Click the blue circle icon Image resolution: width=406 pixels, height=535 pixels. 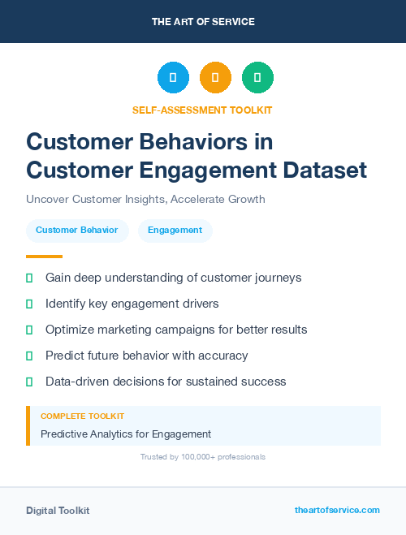[x=173, y=78]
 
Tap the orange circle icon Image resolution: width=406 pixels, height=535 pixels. [x=215, y=78]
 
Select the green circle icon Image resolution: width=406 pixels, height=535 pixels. [x=257, y=78]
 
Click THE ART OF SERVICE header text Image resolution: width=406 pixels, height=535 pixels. [x=203, y=22]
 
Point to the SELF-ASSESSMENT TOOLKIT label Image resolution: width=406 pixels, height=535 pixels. [x=202, y=110]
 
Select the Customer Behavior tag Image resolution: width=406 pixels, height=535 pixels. [x=77, y=231]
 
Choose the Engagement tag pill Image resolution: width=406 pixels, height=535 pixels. [x=175, y=231]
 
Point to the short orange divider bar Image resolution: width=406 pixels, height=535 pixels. [x=44, y=257]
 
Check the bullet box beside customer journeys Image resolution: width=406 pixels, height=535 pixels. [x=29, y=278]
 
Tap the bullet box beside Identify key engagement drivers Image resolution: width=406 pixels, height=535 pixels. [x=29, y=304]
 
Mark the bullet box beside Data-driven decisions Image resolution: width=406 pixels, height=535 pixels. [x=29, y=382]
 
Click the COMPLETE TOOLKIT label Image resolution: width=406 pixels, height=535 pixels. [x=82, y=416]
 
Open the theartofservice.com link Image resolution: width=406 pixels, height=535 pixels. [x=337, y=510]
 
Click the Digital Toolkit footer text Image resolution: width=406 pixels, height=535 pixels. [x=58, y=511]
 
